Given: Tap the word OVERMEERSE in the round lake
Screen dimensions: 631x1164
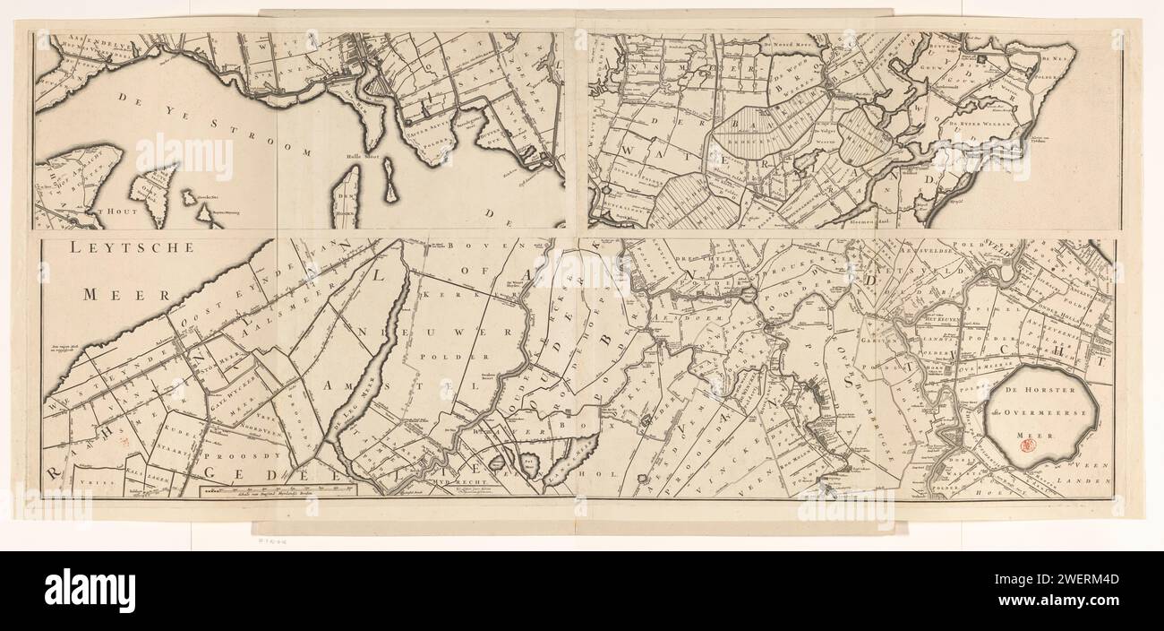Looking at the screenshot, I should point(1052,413).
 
